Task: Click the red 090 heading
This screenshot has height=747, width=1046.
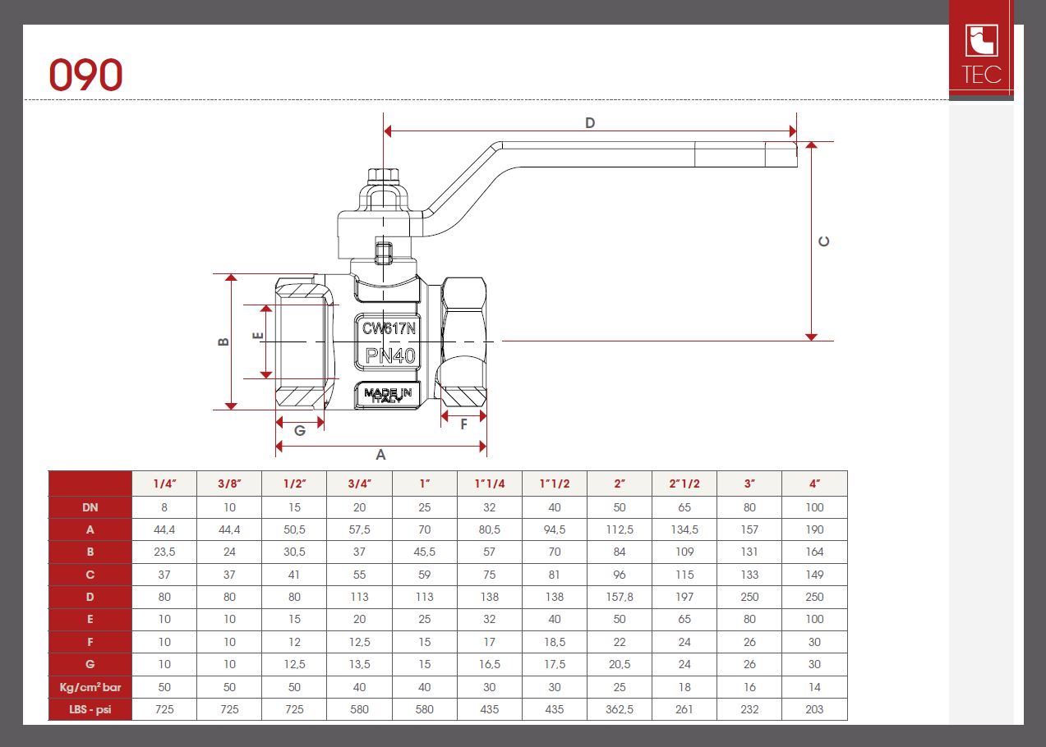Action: (85, 76)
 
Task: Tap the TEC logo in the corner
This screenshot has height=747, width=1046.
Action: (981, 54)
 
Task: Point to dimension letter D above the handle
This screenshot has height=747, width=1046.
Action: (589, 123)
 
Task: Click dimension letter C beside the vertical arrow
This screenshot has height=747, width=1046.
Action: (824, 241)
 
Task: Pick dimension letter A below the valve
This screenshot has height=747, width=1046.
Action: (380, 455)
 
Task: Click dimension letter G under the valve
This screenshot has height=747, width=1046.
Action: (299, 430)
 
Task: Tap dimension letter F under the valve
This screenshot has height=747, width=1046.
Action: (463, 424)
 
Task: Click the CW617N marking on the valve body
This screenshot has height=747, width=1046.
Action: (389, 328)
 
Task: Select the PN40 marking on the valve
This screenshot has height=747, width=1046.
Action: (390, 356)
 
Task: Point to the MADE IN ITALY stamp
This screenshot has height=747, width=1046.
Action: (388, 396)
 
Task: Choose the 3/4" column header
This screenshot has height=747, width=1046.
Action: (359, 483)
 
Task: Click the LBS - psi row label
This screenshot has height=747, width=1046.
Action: (90, 709)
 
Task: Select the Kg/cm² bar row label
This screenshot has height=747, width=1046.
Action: (90, 687)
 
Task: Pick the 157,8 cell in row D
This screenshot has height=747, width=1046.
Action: (620, 597)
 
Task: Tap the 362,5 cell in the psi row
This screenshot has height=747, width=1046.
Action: (620, 709)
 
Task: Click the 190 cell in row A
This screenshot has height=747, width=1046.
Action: (814, 529)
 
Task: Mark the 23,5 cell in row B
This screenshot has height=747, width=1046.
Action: (164, 552)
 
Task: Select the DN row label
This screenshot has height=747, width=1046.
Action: (90, 507)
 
